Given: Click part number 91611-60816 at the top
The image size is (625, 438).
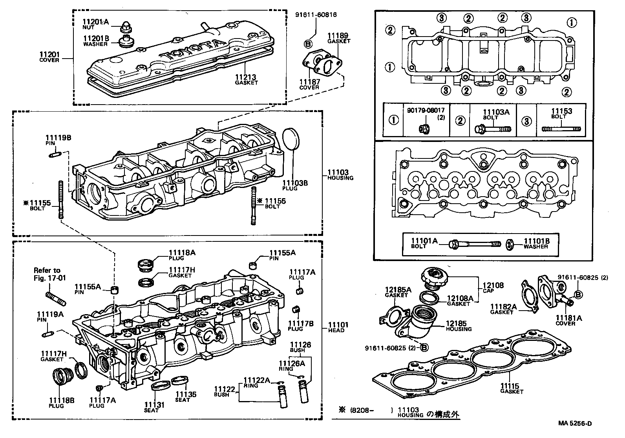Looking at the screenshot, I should pos(316,15).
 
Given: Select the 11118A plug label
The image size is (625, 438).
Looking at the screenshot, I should pos(182,253).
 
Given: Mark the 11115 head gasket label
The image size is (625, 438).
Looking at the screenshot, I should pos(509,386).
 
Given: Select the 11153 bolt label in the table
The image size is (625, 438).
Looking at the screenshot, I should pos(561,111).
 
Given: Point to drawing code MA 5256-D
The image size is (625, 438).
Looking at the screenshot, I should pos(575,423).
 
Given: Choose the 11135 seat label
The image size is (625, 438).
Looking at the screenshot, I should pos(186,394).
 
